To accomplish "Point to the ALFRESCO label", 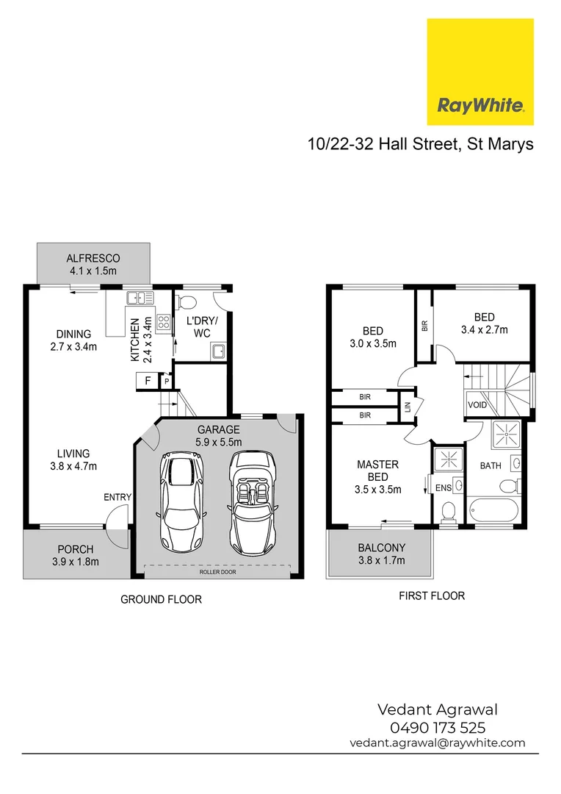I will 93,258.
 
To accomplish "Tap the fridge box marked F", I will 148,381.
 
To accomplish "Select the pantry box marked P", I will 167,382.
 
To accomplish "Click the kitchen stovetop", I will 163,321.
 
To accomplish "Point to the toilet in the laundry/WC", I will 189,301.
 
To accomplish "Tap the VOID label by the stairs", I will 477,405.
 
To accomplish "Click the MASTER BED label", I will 377,470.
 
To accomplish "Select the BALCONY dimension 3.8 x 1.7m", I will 381,560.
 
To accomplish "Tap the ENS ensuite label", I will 444,487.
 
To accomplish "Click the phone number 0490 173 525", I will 438,727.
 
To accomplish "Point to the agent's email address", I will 438,743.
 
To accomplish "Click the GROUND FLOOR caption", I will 161,599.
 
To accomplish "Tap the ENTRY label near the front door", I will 117,498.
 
